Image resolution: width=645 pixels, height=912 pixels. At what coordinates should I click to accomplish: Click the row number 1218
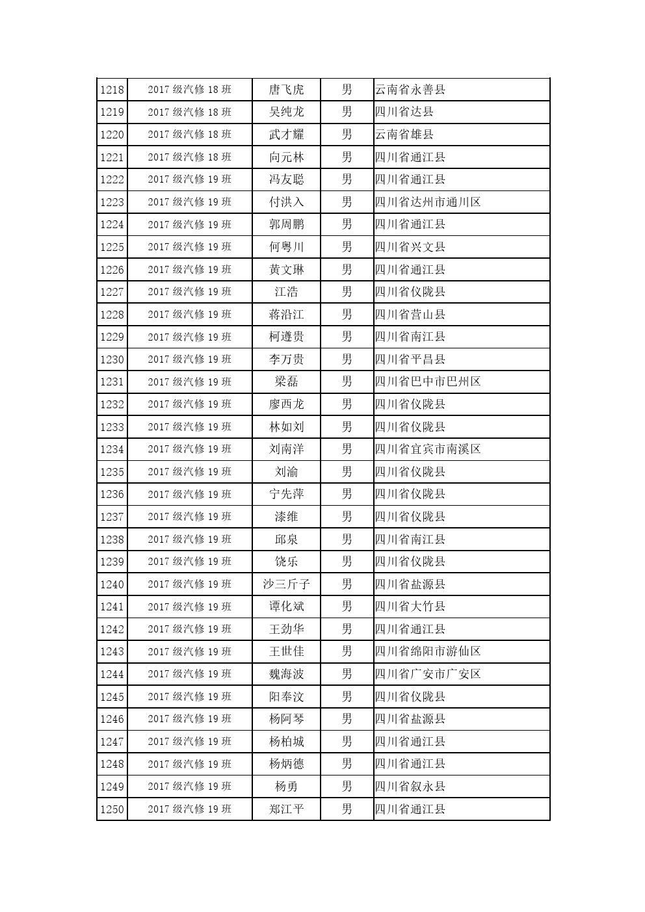point(112,90)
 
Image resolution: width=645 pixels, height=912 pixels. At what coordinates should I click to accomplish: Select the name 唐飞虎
point(286,90)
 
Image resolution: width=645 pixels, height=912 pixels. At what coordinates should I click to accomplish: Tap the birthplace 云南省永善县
point(410,90)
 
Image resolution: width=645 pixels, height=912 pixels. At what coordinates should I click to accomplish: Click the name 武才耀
point(286,135)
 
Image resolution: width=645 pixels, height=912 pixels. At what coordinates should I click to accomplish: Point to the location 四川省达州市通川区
point(428,202)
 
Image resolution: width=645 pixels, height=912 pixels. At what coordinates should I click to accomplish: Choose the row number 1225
point(112,247)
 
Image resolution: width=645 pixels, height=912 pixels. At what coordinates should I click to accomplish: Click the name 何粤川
point(286,247)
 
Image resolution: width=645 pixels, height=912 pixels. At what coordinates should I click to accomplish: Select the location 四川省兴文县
point(410,247)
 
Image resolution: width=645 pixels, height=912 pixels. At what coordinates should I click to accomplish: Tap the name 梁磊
point(286,382)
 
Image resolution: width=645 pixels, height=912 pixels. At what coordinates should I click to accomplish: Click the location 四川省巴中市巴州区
point(428,382)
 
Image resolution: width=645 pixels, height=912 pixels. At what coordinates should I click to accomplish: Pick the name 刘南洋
point(286,449)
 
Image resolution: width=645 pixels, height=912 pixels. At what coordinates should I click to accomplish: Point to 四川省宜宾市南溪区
point(428,449)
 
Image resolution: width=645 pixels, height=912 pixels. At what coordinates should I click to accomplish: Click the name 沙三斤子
point(286,584)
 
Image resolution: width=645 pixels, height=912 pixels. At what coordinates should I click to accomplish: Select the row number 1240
point(112,584)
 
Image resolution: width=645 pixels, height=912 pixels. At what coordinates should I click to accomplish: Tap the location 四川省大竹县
point(410,606)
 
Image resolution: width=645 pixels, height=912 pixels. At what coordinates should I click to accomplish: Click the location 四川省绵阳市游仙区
point(428,651)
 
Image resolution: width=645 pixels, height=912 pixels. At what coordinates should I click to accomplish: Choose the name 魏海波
point(286,674)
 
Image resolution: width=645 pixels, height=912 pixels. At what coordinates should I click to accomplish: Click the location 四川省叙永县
point(410,787)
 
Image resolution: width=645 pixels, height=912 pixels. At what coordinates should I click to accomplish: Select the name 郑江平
point(286,809)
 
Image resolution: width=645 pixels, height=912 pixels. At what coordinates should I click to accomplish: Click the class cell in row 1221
point(189,157)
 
